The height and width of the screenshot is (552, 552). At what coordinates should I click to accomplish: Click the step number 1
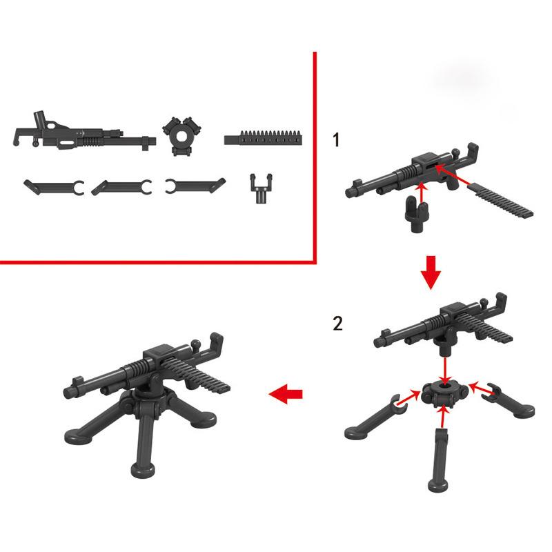point(335,141)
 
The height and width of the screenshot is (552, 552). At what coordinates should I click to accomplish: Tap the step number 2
point(337,323)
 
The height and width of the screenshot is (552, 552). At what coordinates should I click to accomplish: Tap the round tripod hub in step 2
point(444,396)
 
